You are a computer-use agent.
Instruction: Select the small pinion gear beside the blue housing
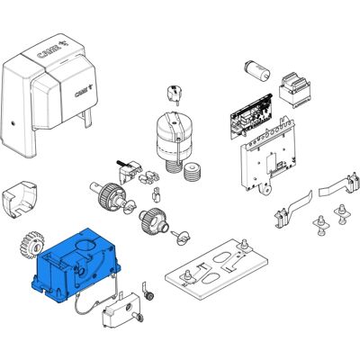[x=32, y=245]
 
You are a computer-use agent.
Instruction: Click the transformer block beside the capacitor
[x=294, y=90]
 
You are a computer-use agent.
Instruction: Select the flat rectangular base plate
[x=216, y=268]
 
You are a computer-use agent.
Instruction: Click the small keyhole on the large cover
[x=13, y=123]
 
